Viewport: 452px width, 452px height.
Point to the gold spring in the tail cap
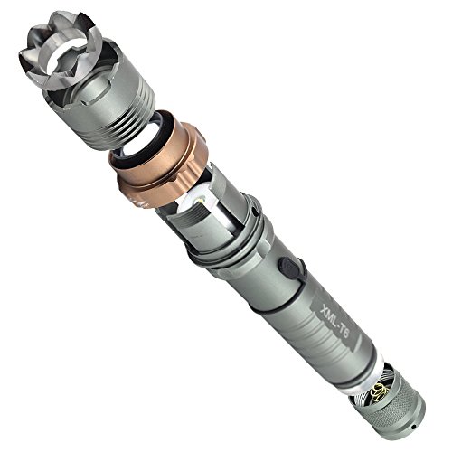point(378,391)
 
